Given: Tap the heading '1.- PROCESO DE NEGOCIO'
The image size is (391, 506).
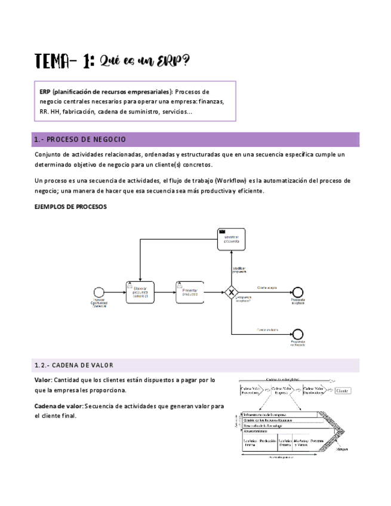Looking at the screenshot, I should [81, 140].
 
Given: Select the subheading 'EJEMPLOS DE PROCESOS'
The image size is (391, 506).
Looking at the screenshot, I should [71, 206].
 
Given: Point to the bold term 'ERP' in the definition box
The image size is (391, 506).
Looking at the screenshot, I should [45, 92].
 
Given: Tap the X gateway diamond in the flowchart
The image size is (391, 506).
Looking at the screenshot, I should [232, 292].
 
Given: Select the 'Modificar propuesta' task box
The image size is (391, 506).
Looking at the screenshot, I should [231, 239].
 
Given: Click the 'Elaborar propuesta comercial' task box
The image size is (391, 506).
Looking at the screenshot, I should [140, 291].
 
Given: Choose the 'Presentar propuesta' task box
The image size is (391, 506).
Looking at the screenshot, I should [189, 291].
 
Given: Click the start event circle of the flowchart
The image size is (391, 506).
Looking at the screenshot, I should [98, 292].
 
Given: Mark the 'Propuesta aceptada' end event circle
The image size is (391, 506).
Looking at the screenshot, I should [297, 292].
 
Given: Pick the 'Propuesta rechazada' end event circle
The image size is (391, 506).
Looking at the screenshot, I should [297, 334].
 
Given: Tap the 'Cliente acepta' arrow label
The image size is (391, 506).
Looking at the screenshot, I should [266, 287].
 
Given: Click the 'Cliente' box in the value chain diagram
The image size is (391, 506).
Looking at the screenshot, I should [342, 391].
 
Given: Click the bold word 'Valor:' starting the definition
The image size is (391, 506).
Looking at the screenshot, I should [44, 379].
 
